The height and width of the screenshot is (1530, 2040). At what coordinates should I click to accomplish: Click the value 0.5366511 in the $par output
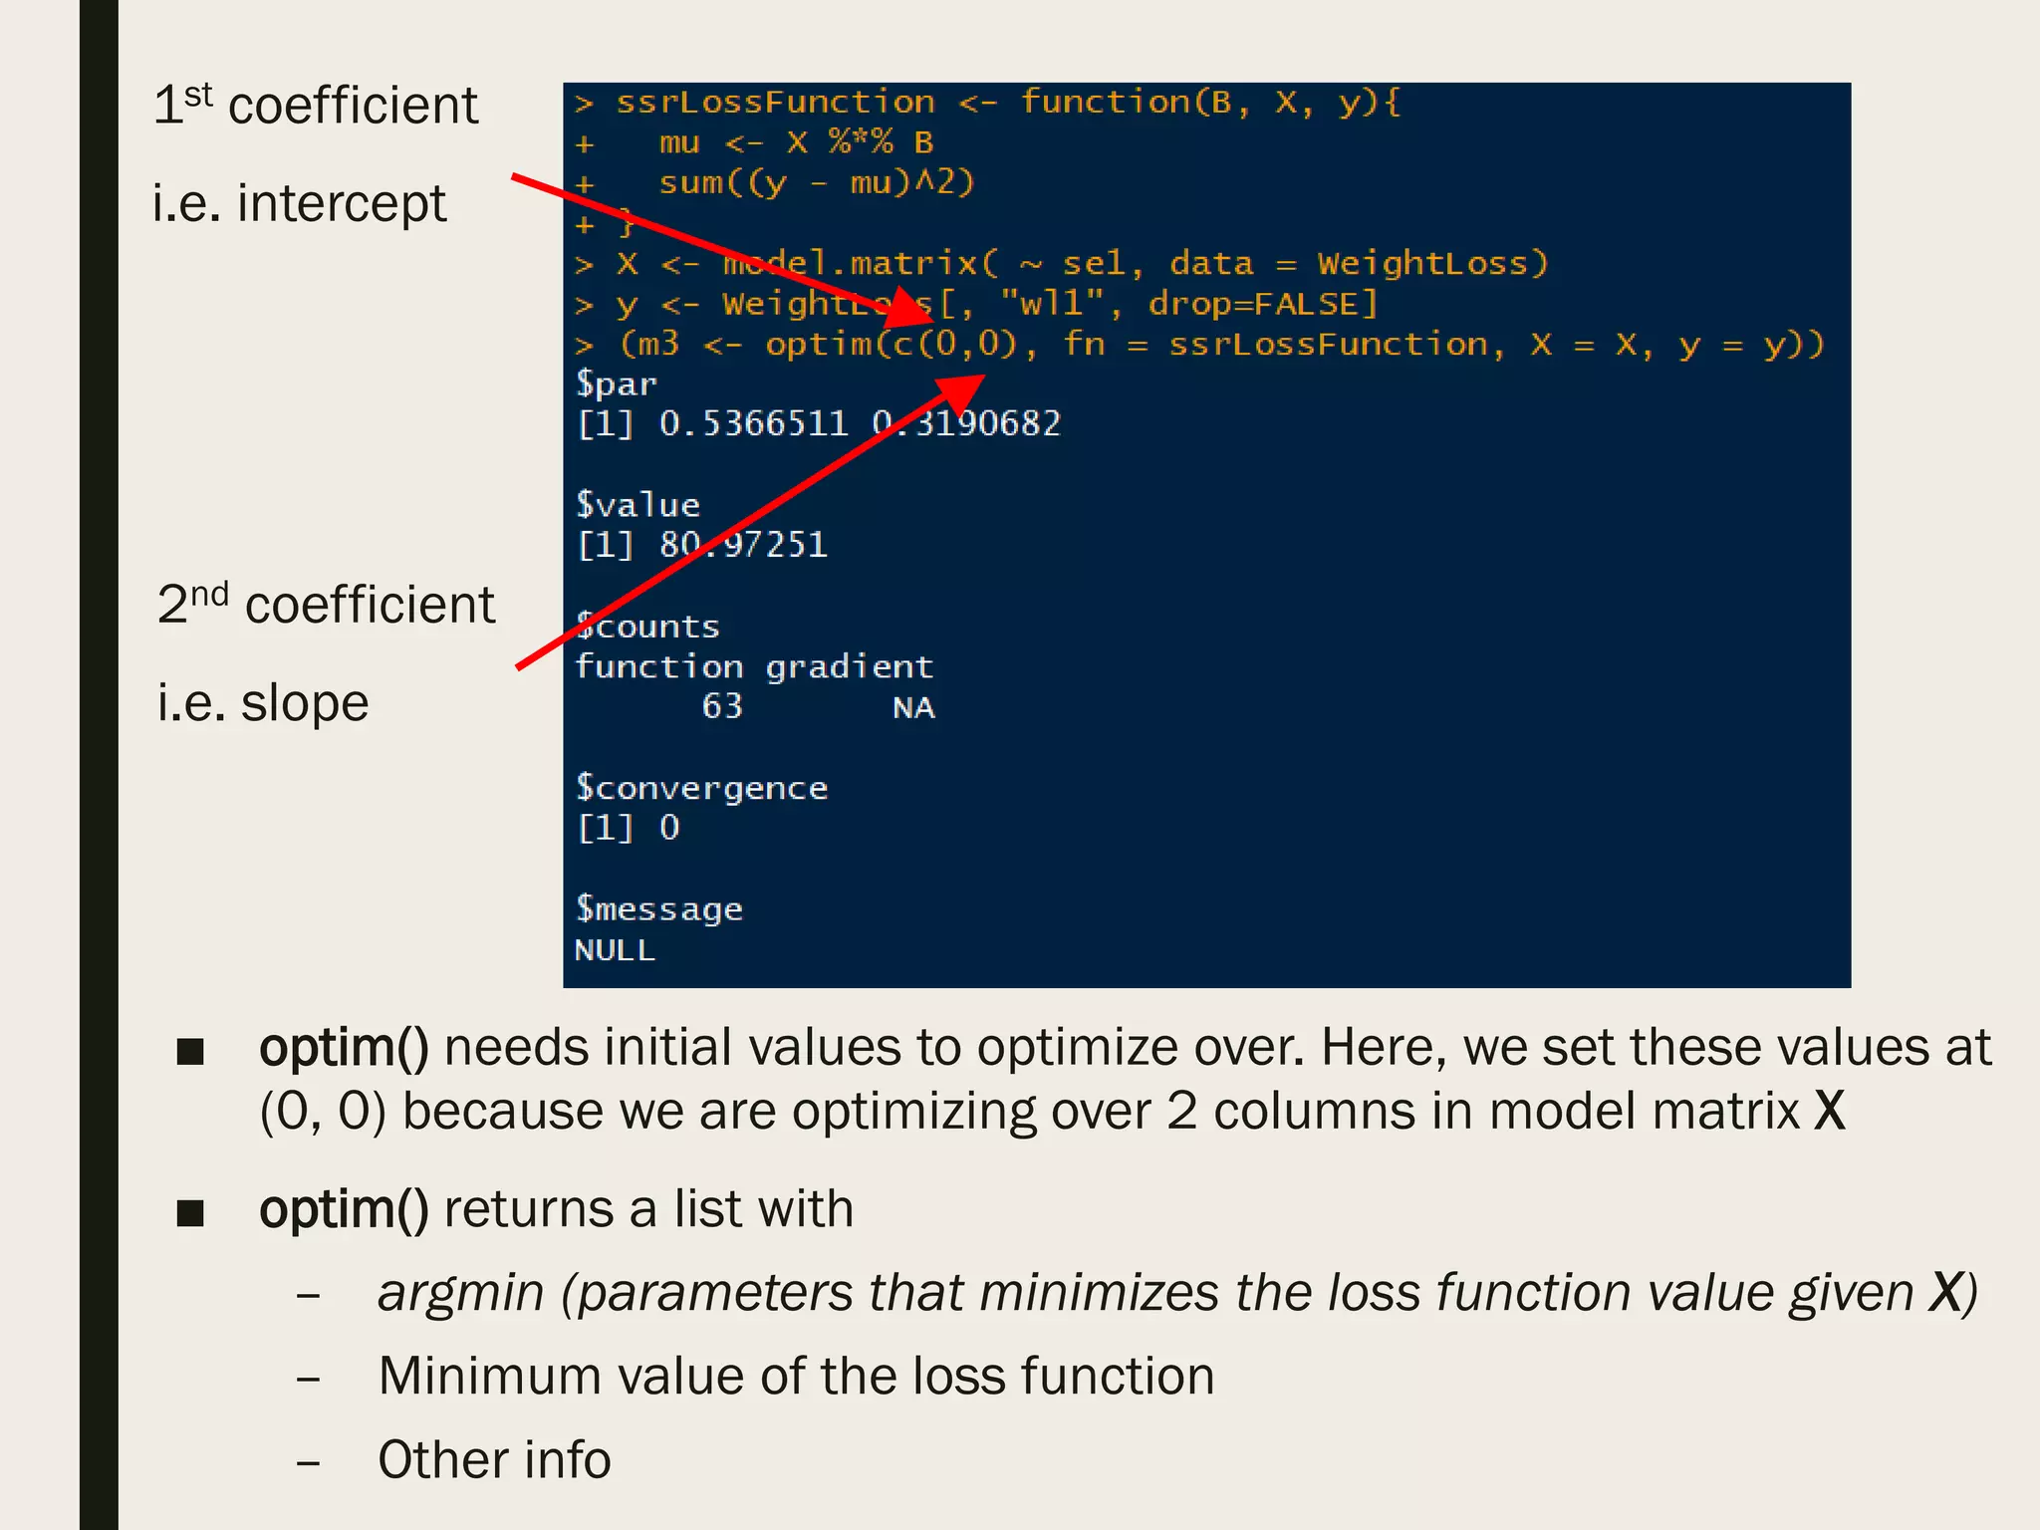(x=753, y=424)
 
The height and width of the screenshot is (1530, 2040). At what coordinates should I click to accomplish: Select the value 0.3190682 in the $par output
(x=966, y=424)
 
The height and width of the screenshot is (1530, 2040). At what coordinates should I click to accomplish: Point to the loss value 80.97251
(x=743, y=545)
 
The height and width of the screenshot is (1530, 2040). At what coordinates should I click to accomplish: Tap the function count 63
(x=722, y=706)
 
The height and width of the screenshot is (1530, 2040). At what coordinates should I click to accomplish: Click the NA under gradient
(x=913, y=707)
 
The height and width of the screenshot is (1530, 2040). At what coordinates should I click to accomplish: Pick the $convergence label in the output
(x=701, y=788)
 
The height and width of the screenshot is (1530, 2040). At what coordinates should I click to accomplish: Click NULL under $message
(x=615, y=950)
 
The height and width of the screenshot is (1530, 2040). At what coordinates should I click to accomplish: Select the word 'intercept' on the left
(x=342, y=203)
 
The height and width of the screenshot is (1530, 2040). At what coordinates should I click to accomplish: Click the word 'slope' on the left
(x=305, y=703)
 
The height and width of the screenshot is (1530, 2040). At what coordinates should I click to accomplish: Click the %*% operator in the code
(x=861, y=142)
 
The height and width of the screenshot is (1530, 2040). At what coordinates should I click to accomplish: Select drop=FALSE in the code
(x=1262, y=304)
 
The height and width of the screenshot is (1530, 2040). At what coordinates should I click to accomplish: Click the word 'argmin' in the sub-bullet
(x=460, y=1293)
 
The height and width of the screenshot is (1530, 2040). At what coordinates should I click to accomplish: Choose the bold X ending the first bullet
(x=1830, y=1111)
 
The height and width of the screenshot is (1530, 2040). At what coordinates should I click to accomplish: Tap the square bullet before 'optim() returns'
(x=190, y=1212)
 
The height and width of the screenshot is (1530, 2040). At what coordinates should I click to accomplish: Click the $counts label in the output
(x=647, y=627)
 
